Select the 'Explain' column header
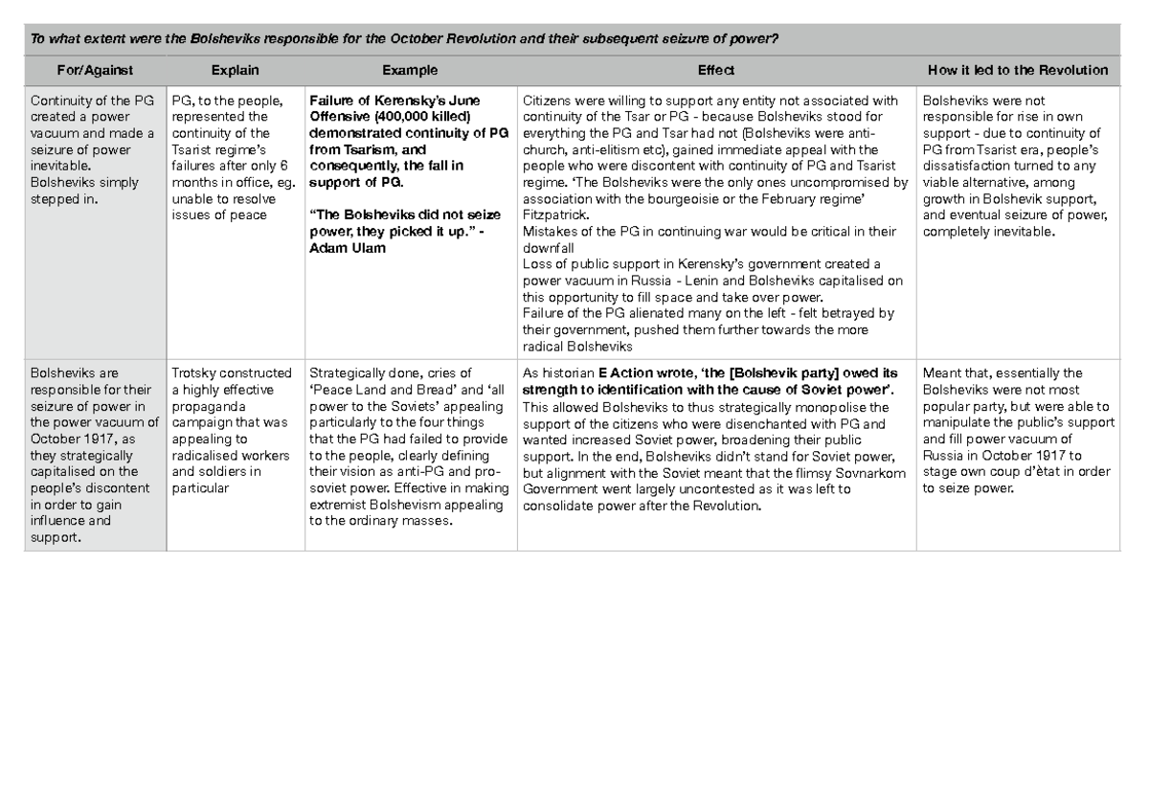[235, 70]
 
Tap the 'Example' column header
[410, 70]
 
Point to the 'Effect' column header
[715, 70]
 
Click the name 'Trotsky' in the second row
[194, 373]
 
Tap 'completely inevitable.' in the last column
[988, 231]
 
